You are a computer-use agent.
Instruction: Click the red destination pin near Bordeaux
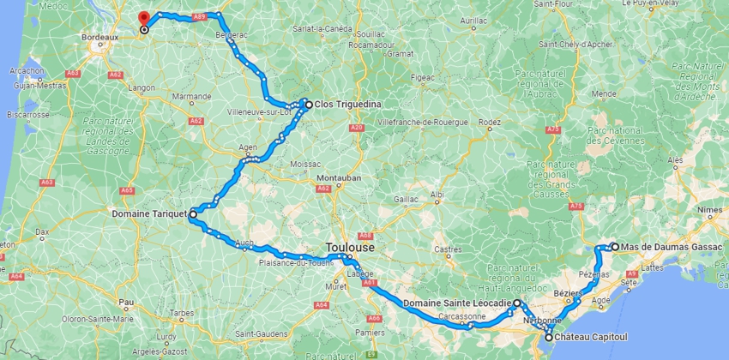click(143, 18)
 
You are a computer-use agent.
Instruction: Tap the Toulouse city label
click(349, 247)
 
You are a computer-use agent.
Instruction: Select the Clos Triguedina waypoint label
click(347, 105)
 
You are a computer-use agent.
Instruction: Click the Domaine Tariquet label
click(149, 213)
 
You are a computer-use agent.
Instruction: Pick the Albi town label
click(437, 194)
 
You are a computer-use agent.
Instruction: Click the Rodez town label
click(490, 123)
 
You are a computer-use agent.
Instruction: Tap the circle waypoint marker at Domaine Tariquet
click(193, 213)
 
